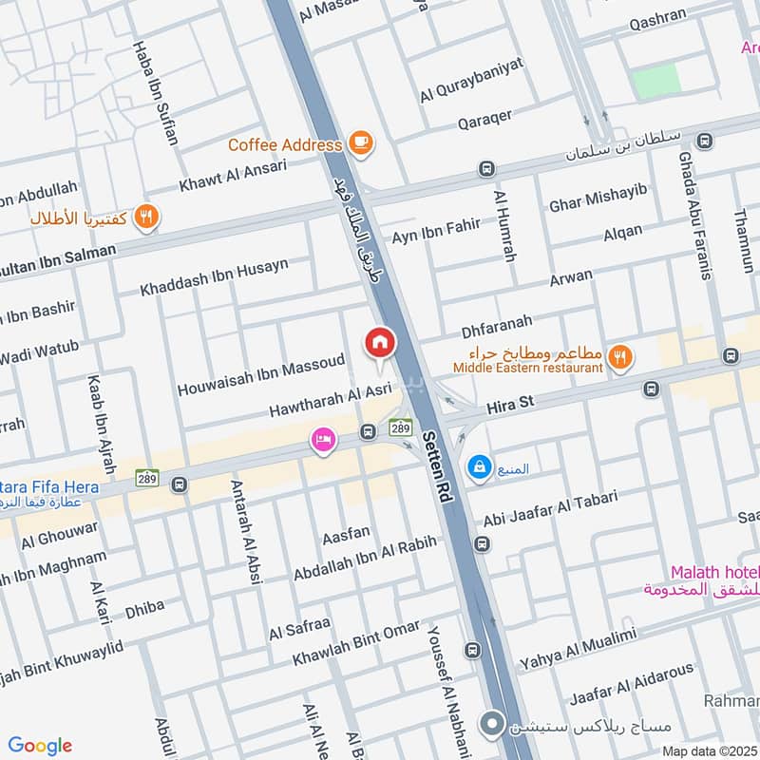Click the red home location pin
click(x=380, y=342)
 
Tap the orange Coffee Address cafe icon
click(x=361, y=143)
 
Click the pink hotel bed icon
click(x=324, y=441)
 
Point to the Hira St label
click(x=511, y=405)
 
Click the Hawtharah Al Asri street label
click(x=330, y=402)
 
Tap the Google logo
click(x=40, y=746)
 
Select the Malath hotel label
click(x=713, y=572)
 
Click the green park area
click(x=656, y=81)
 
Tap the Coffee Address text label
click(x=285, y=145)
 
